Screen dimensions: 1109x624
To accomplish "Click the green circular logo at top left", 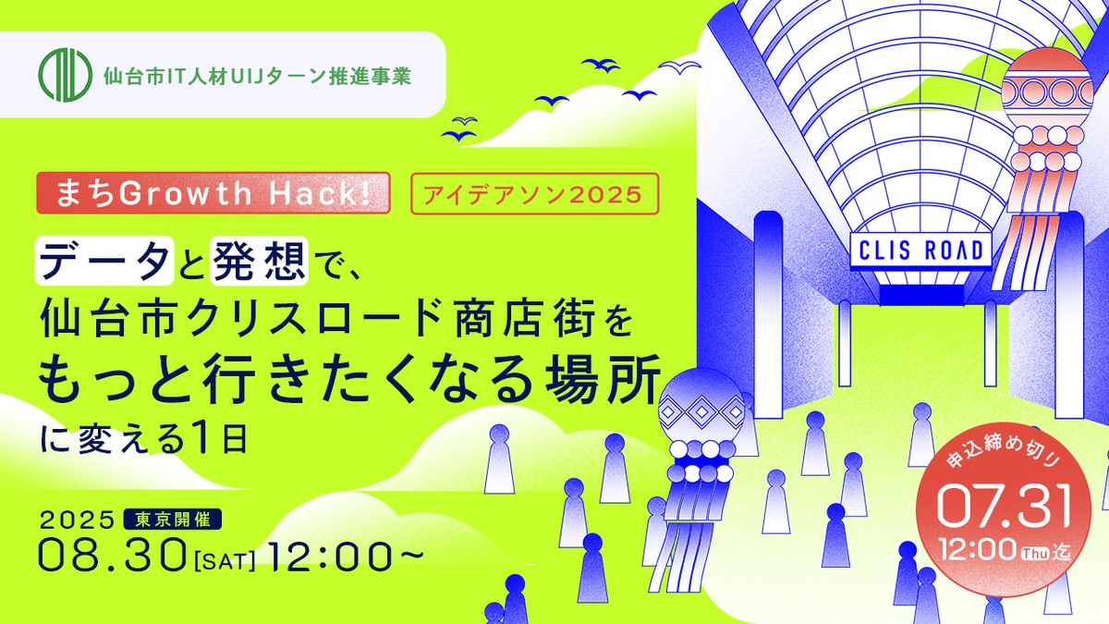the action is [66, 75].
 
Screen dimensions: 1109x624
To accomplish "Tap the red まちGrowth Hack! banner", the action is [213, 193].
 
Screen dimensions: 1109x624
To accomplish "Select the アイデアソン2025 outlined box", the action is [535, 193].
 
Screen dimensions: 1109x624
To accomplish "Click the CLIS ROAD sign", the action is [920, 251].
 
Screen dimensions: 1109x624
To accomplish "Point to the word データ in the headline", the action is [104, 261].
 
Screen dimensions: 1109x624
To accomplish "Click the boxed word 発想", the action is [259, 261].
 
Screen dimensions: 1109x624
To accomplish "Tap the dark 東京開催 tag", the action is [172, 520].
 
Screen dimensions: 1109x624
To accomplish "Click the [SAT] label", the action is [225, 561].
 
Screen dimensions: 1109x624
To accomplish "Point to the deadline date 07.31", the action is [1004, 507].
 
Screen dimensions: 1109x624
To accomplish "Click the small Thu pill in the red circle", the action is [1035, 553].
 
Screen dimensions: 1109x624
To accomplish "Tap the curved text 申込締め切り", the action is [1004, 453].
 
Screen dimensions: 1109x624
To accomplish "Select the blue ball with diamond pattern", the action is [701, 410].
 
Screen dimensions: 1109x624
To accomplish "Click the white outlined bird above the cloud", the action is [679, 66].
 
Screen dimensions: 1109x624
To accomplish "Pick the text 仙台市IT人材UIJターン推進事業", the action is [257, 76].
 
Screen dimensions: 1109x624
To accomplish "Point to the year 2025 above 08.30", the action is [77, 520].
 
